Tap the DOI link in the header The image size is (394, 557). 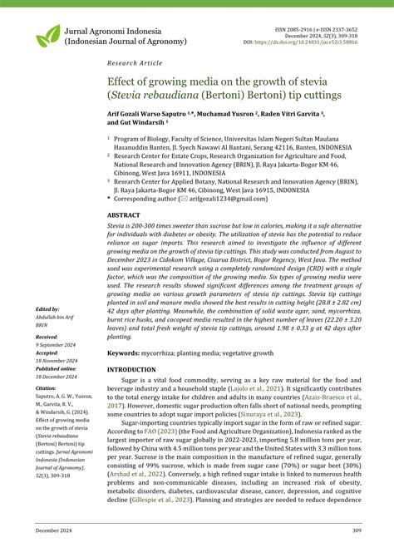[x=321, y=41]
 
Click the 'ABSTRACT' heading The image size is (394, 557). [x=124, y=215]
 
